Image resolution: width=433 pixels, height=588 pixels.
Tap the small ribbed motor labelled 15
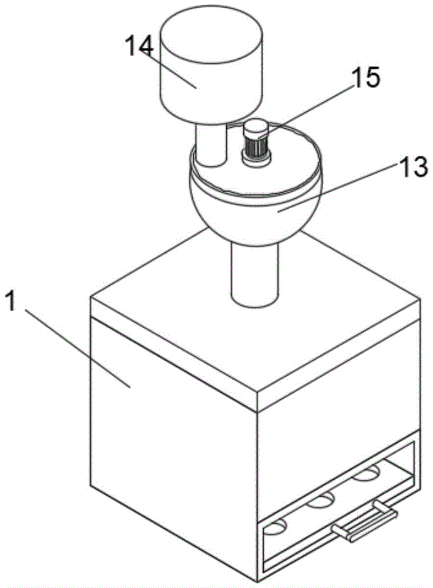255,145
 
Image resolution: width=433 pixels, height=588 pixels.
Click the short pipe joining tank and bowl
210,144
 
